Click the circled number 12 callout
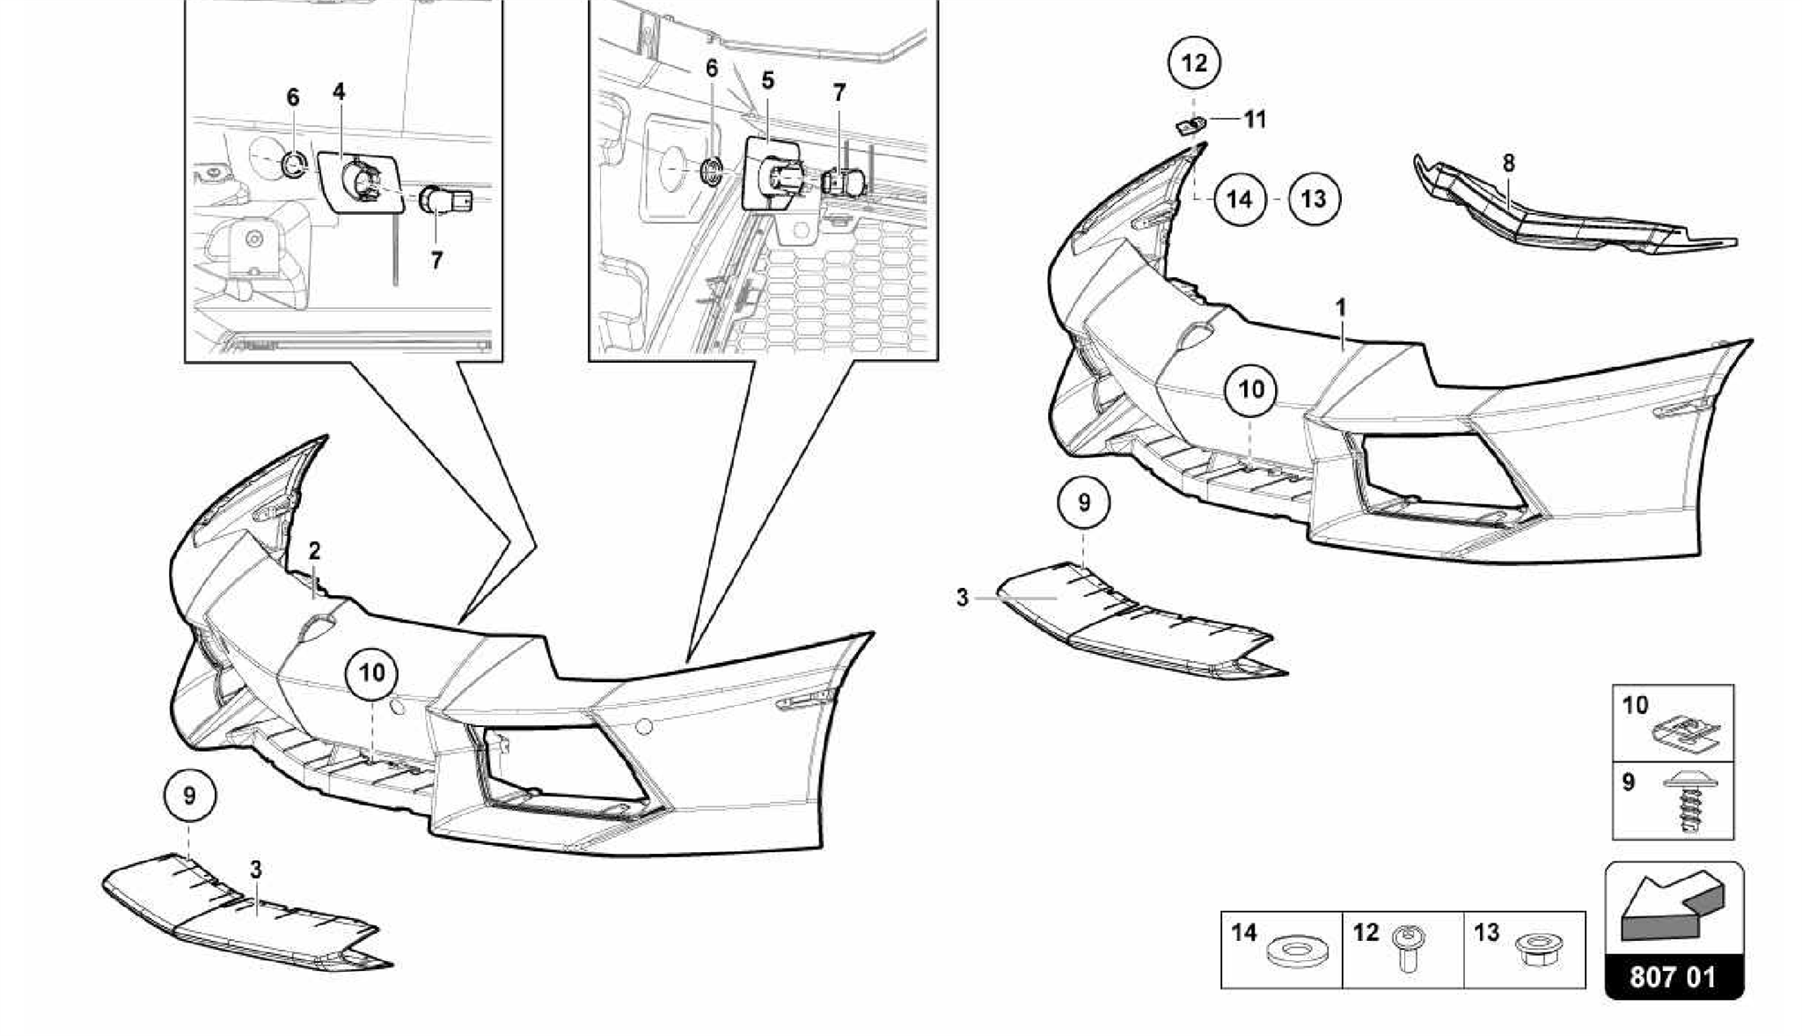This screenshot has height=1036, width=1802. pos(1194,62)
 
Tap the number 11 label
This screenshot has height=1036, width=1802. pos(1255,120)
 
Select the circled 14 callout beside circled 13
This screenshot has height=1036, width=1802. pos(1239,199)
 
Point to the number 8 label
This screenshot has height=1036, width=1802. pos(1509,163)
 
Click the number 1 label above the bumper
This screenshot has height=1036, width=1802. pos(1340,308)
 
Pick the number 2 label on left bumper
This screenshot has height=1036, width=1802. pos(314,551)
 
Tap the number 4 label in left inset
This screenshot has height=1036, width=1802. pos(339,92)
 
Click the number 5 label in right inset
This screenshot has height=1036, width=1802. pos(767,81)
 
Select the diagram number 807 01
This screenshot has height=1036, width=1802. pos(1673,977)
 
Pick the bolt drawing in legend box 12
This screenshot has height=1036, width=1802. pos(1407,950)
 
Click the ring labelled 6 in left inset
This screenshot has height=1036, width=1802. pos(292,163)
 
